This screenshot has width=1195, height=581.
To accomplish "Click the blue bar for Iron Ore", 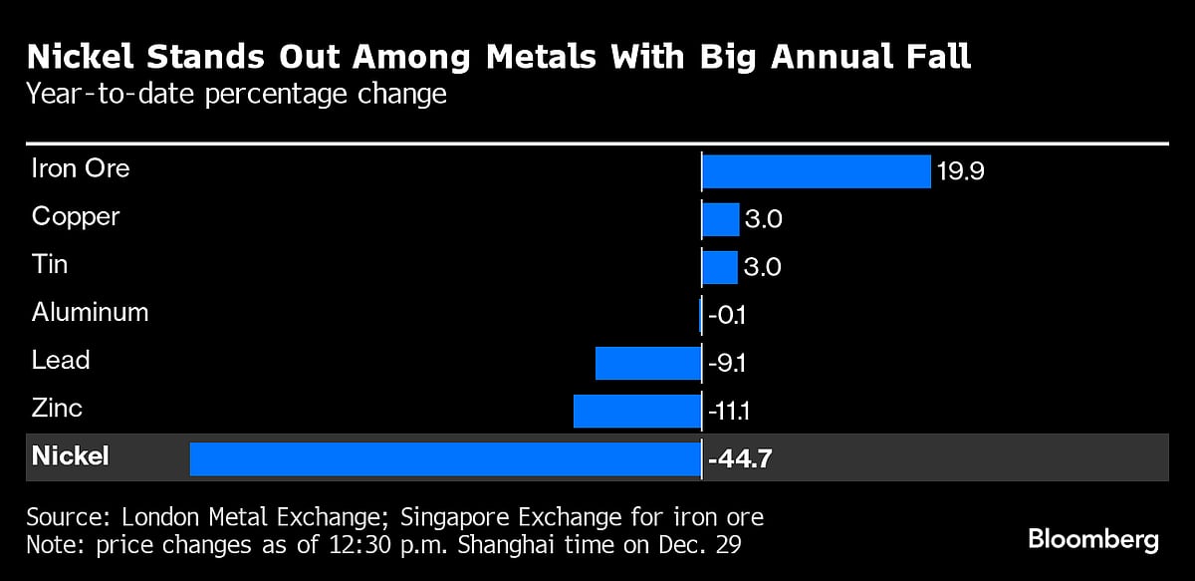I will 816,171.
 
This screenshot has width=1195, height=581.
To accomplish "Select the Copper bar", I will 721,219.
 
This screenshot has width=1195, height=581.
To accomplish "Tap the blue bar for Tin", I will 720,267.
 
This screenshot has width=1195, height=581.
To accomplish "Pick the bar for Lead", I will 648,363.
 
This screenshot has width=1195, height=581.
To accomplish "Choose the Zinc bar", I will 637,411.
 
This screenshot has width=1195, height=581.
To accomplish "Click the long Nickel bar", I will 445,458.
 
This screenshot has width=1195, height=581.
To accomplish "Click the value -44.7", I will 740,459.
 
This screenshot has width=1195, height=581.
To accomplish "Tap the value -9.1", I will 728,363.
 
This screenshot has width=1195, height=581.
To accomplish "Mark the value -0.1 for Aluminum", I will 728,316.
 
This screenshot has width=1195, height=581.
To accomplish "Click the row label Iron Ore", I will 81,167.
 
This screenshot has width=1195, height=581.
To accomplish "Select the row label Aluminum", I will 90,312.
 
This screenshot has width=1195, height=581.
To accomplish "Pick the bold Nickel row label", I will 71,456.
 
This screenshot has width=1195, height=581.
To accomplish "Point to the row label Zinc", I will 57,408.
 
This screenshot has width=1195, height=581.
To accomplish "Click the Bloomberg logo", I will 1093,540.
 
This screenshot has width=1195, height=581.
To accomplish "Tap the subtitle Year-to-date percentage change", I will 237,95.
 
